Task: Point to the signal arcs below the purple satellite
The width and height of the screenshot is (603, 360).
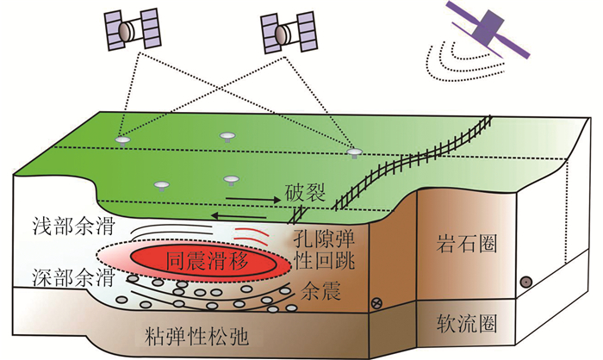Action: [447, 59]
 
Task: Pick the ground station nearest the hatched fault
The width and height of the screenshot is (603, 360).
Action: [353, 152]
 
